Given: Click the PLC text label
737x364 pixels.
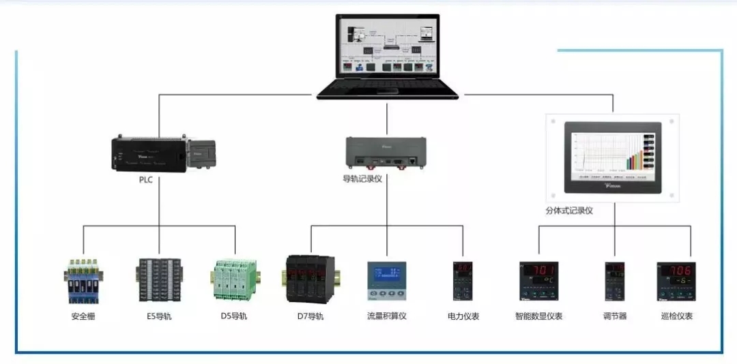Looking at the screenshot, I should (145, 180).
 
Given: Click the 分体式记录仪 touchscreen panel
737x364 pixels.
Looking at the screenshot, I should (613, 157).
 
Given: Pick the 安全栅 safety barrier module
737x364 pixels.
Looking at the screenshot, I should (84, 281).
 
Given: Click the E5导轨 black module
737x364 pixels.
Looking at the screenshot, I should (160, 280).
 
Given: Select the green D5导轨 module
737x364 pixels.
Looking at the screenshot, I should (234, 280).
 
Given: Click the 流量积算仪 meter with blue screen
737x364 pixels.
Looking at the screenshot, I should (387, 281).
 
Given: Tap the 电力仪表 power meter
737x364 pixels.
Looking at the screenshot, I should (463, 281).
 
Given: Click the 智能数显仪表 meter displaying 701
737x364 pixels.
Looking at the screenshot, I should (538, 281).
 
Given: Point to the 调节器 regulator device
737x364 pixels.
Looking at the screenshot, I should (615, 281).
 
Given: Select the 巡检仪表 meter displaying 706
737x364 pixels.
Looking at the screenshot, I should (676, 281).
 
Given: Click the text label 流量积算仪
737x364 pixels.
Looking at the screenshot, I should (387, 316).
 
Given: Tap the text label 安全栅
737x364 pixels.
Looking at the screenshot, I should (83, 316).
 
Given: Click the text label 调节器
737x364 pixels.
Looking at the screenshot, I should (615, 316).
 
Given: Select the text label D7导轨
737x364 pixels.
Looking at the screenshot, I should (310, 316).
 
